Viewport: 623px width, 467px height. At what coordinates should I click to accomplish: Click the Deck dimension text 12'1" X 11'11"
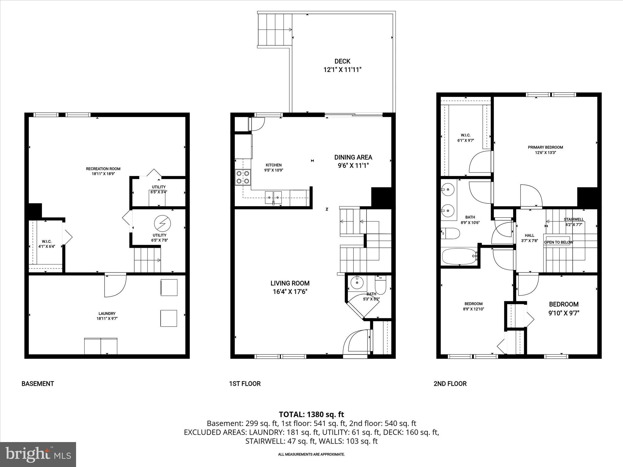coord(342,70)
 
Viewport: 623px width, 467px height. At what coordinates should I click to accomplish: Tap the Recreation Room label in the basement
coord(103,169)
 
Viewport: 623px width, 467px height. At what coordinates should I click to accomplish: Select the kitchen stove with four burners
coord(243,177)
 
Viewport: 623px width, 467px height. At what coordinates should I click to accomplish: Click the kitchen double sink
coord(273,198)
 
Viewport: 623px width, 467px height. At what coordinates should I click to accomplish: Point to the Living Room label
coord(290,283)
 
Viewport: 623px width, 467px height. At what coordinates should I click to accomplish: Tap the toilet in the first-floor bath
coord(380,285)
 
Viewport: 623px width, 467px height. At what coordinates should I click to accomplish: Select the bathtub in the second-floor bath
coord(459,256)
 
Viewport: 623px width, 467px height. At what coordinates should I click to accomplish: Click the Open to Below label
coord(558,242)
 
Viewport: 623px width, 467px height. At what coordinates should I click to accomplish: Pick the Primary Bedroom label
coord(545,147)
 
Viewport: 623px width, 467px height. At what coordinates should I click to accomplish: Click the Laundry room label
coord(107,313)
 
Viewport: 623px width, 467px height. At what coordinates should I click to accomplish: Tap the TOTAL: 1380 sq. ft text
coord(311,414)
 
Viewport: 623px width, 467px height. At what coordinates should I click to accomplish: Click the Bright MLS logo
coord(38,455)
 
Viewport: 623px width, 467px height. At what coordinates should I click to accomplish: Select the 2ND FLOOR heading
coord(450,384)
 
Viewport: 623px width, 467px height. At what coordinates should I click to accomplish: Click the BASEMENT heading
coord(38,384)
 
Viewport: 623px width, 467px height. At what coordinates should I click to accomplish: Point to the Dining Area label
coord(353,157)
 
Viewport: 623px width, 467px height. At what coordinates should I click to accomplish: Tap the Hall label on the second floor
coord(529,235)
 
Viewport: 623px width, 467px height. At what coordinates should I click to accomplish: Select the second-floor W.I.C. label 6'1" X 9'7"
coord(465,138)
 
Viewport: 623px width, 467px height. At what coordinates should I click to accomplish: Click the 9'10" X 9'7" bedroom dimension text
coord(564,313)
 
